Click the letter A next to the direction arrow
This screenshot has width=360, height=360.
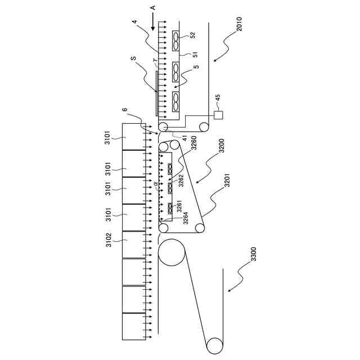pos(153,7)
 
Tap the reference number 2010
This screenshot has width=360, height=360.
pos(239,24)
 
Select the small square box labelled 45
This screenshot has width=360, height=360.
pos(218,115)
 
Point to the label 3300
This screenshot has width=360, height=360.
pos(253,254)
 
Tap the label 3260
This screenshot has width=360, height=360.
pos(193,143)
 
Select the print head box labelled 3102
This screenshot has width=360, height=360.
pos(134,244)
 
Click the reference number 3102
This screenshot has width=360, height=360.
pos(109,240)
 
